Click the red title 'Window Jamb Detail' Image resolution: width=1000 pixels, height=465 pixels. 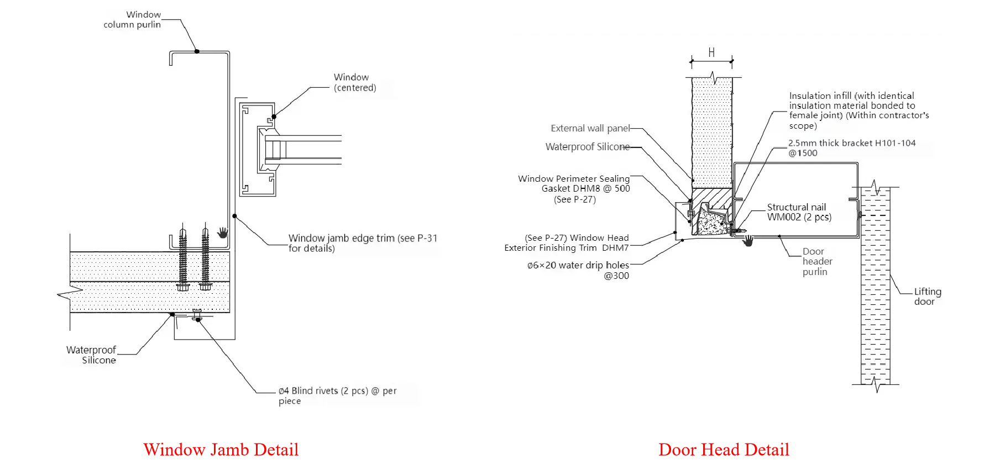tap(221, 450)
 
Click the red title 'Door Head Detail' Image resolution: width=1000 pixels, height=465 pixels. tap(724, 450)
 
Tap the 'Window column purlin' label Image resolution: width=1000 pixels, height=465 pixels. tap(133, 19)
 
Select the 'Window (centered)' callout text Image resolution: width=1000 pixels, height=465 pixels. tap(355, 82)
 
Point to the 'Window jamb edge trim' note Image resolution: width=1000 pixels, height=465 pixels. tap(363, 243)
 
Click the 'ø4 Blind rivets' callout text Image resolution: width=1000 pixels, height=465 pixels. tap(337, 395)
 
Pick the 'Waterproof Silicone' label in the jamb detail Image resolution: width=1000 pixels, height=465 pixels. tap(91, 355)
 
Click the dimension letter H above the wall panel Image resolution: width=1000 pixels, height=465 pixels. tap(711, 52)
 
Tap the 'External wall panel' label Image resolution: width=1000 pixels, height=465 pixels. tap(590, 128)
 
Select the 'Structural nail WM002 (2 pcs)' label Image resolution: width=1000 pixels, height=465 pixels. tap(799, 212)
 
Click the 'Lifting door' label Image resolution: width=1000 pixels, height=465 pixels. tap(928, 297)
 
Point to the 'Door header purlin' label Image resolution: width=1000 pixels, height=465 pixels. tap(818, 261)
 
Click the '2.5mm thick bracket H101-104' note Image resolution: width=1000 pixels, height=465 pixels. tap(852, 148)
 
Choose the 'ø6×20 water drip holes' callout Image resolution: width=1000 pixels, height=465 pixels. tap(578, 270)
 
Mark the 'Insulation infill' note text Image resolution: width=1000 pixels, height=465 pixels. tap(859, 110)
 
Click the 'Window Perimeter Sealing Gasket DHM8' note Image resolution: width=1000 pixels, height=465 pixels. tap(574, 189)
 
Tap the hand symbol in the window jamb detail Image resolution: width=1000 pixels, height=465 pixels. tap(223, 232)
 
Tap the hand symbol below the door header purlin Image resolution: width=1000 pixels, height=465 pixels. tap(748, 241)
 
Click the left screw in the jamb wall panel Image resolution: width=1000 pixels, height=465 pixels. tap(183, 258)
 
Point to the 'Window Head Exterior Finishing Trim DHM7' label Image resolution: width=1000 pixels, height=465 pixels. tap(567, 243)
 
